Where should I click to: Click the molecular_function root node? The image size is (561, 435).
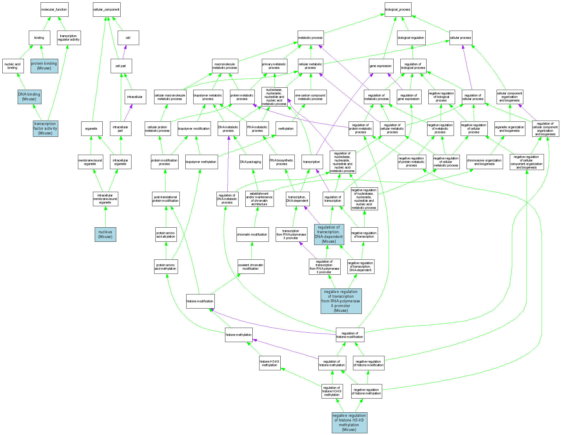pyautogui.click(x=54, y=10)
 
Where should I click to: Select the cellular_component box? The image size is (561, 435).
pyautogui.click(x=106, y=10)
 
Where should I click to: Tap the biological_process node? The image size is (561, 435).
pyautogui.click(x=398, y=10)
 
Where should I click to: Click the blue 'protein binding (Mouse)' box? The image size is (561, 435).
pyautogui.click(x=44, y=66)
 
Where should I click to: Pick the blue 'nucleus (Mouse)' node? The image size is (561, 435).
pyautogui.click(x=105, y=234)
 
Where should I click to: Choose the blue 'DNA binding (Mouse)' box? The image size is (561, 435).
pyautogui.click(x=29, y=97)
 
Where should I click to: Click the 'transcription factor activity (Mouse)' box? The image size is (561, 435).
pyautogui.click(x=45, y=129)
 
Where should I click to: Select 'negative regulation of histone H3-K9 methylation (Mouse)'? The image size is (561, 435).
pyautogui.click(x=349, y=423)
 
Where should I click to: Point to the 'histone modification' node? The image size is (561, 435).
pyautogui.click(x=200, y=301)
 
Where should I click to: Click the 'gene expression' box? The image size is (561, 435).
pyautogui.click(x=380, y=66)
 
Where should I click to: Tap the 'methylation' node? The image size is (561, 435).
pyautogui.click(x=286, y=129)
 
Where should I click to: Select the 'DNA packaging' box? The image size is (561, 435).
pyautogui.click(x=251, y=162)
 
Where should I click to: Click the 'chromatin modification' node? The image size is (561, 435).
pyautogui.click(x=252, y=234)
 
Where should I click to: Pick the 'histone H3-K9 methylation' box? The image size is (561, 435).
pyautogui.click(x=269, y=363)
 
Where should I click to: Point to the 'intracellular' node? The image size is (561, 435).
pyautogui.click(x=135, y=97)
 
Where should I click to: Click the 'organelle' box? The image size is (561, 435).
pyautogui.click(x=91, y=129)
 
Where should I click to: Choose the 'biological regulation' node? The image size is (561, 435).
pyautogui.click(x=411, y=38)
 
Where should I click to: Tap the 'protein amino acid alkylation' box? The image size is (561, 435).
pyautogui.click(x=166, y=234)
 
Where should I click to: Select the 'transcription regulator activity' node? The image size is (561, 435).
pyautogui.click(x=69, y=38)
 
